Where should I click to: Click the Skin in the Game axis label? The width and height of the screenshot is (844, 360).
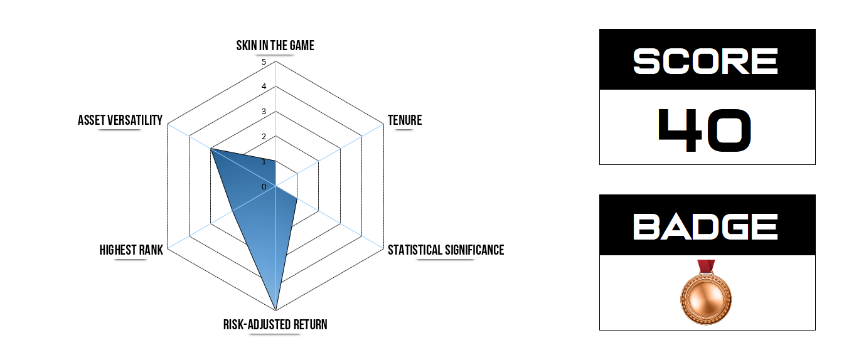coord(275,46)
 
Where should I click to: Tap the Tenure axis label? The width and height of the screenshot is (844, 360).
coord(404,120)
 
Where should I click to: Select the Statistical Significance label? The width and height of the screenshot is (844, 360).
coord(446,250)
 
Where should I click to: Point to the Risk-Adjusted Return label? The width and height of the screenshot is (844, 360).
coord(275,324)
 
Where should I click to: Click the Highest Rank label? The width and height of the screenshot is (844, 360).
coord(131,250)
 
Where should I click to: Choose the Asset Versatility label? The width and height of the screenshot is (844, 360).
coord(120,120)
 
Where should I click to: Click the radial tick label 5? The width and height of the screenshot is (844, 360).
coord(264,62)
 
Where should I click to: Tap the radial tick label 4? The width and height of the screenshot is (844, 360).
coord(264,87)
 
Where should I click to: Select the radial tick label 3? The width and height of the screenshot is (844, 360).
coord(264,112)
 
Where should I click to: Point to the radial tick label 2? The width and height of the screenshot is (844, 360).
coord(264,137)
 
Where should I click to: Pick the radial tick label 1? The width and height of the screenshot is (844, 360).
coord(264,162)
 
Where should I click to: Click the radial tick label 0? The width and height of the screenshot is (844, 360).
coord(264,187)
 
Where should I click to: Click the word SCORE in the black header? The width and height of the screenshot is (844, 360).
coord(706,61)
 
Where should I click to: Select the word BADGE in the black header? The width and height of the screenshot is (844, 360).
coord(706,226)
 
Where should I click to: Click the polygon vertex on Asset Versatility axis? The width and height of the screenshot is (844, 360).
coord(211,149)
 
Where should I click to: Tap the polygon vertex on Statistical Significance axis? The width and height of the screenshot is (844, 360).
coord(297,199)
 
